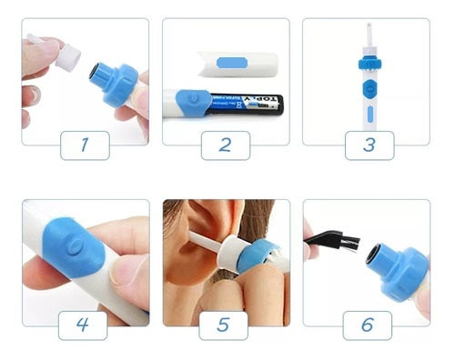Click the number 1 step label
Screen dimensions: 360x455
[85, 145]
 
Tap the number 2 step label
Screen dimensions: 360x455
[225, 145]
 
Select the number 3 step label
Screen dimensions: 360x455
[369, 145]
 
